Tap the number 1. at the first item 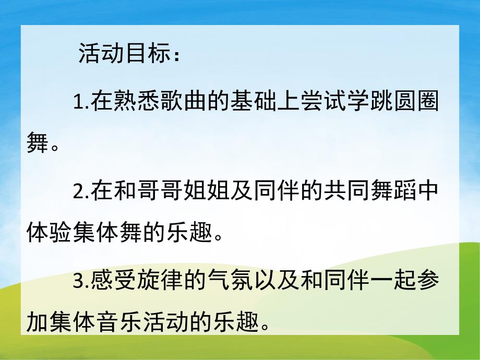point(81,101)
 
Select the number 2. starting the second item point(81,193)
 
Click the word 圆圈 point(414,101)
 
